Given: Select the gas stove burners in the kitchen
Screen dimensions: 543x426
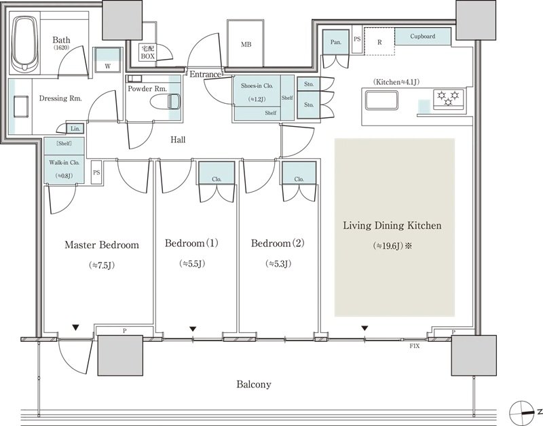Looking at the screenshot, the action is (449, 98).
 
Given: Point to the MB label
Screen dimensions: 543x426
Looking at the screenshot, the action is (246, 45).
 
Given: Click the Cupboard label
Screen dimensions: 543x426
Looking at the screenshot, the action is (422, 37).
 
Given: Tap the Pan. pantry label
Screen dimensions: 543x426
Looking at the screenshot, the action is (335, 42).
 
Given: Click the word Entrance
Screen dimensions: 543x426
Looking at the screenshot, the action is (205, 74).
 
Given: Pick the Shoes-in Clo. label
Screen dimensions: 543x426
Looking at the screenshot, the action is (257, 86).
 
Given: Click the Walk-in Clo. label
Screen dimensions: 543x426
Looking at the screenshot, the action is (64, 162).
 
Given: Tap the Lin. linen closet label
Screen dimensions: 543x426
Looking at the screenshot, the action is (75, 129).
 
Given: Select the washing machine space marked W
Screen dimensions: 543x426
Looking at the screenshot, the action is (108, 66).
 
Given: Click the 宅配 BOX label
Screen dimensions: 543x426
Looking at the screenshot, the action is (147, 53).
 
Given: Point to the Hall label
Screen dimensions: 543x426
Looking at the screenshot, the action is (178, 140).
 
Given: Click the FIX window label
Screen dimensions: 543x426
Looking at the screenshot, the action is (415, 346).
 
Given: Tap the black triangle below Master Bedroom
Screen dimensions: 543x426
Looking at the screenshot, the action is (75, 327).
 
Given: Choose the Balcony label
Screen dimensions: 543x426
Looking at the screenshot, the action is (254, 385).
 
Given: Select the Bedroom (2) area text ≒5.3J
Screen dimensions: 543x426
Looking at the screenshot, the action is (278, 264).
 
